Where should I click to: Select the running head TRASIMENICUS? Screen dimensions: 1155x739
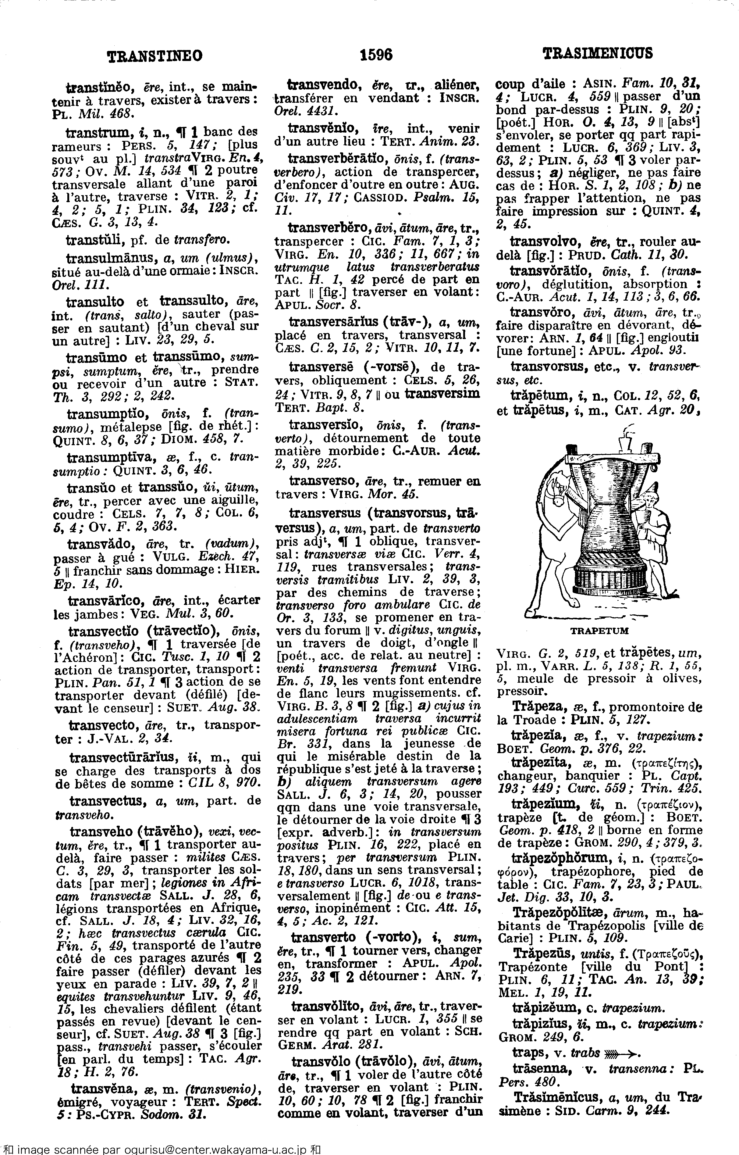tap(598, 53)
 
